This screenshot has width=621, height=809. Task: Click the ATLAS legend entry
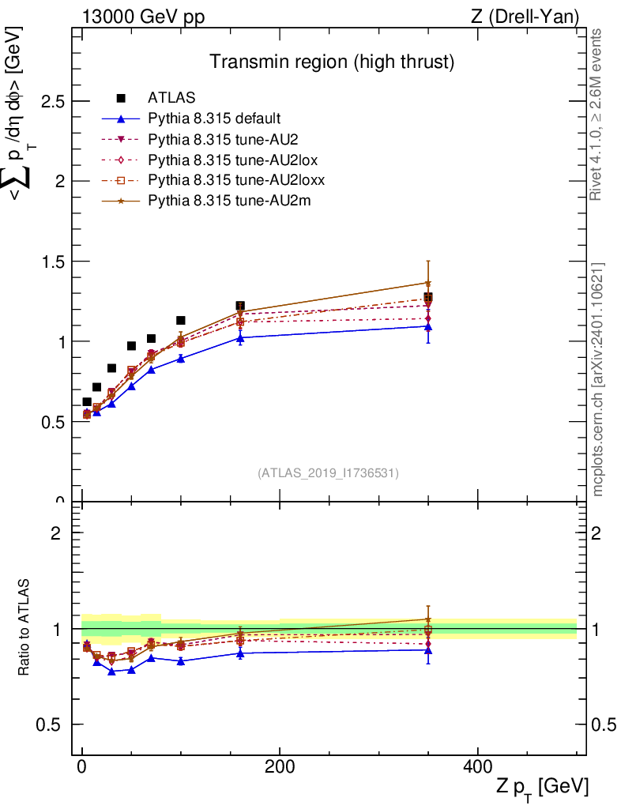[x=171, y=98]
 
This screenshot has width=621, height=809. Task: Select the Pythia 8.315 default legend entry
[x=214, y=119]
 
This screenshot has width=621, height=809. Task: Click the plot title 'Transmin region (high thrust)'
[x=332, y=62]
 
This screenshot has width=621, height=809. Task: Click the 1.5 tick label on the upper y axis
[x=53, y=262]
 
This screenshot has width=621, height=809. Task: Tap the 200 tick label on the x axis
[x=280, y=766]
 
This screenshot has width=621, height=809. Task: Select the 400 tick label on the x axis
[x=477, y=766]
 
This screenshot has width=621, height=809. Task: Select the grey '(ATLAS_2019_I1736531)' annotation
[x=328, y=473]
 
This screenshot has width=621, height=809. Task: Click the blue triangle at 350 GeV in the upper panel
[x=428, y=325]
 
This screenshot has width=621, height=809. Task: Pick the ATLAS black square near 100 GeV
[x=181, y=320]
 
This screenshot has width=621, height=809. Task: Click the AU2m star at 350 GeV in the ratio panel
[x=428, y=619]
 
